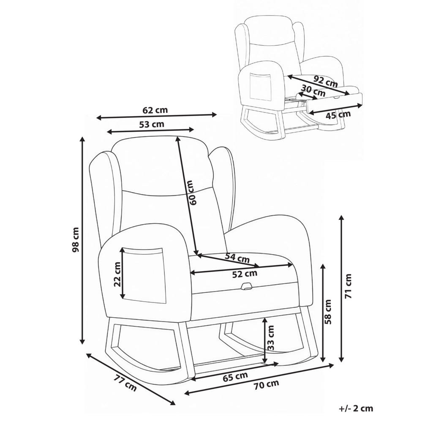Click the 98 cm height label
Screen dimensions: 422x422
pyautogui.click(x=76, y=240)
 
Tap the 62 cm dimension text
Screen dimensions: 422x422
pyautogui.click(x=155, y=110)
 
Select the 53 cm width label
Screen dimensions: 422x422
pyautogui.click(x=152, y=124)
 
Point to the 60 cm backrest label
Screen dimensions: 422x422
pyautogui.click(x=193, y=193)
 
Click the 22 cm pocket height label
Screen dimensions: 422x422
pyautogui.click(x=117, y=274)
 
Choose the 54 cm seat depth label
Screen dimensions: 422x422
pyautogui.click(x=237, y=258)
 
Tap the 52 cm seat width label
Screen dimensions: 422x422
pyautogui.click(x=245, y=274)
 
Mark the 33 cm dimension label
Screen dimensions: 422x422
pyautogui.click(x=271, y=338)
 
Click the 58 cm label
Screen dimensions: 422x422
pyautogui.click(x=328, y=312)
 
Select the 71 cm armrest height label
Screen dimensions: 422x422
pyautogui.click(x=348, y=286)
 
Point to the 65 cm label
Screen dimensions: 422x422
pyautogui.click(x=235, y=376)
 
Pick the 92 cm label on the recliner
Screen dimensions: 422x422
pyautogui.click(x=326, y=81)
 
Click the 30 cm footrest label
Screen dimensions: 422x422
pyautogui.click(x=313, y=90)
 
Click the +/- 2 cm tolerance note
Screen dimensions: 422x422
pyautogui.click(x=356, y=408)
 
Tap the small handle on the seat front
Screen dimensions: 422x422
pyautogui.click(x=247, y=286)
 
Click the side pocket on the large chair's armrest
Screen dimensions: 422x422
pyautogui.click(x=143, y=275)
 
